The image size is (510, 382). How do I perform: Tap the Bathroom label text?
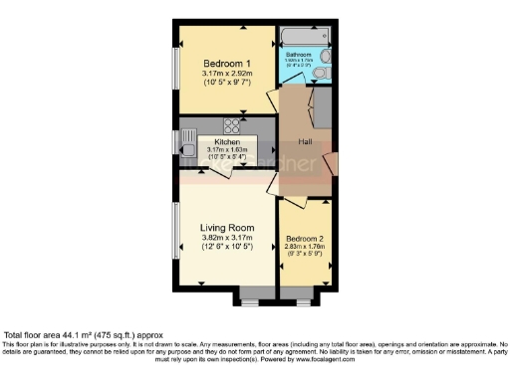pos(301,55)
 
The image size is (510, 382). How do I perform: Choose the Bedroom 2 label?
pos(305,240)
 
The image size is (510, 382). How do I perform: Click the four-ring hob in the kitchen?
pos(232,125)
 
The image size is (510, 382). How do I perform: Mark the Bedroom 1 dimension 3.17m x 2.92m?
pos(227,74)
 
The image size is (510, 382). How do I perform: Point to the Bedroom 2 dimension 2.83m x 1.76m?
pos(305,248)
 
